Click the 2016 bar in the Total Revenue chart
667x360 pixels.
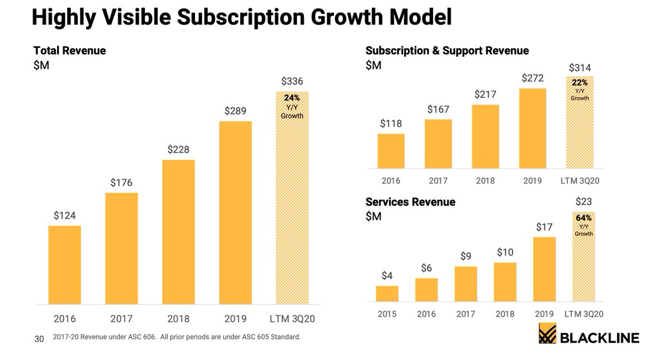coord(64,265)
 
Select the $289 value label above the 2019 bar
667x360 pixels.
coord(236,111)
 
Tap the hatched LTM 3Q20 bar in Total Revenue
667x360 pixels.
coord(292,198)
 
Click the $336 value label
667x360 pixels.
coord(292,82)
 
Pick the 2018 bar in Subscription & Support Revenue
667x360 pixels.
coord(485,137)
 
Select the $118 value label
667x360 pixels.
coord(391,123)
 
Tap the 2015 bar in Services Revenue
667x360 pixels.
coord(387,293)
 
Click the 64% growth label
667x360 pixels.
coord(584,218)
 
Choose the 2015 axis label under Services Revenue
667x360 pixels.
coord(387,314)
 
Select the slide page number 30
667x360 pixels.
coord(39,338)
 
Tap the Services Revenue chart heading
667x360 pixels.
coord(410,202)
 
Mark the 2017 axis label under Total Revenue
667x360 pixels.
coord(121,319)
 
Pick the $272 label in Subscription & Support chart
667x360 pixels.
coord(532,78)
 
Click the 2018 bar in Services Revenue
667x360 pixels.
coord(505,282)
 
